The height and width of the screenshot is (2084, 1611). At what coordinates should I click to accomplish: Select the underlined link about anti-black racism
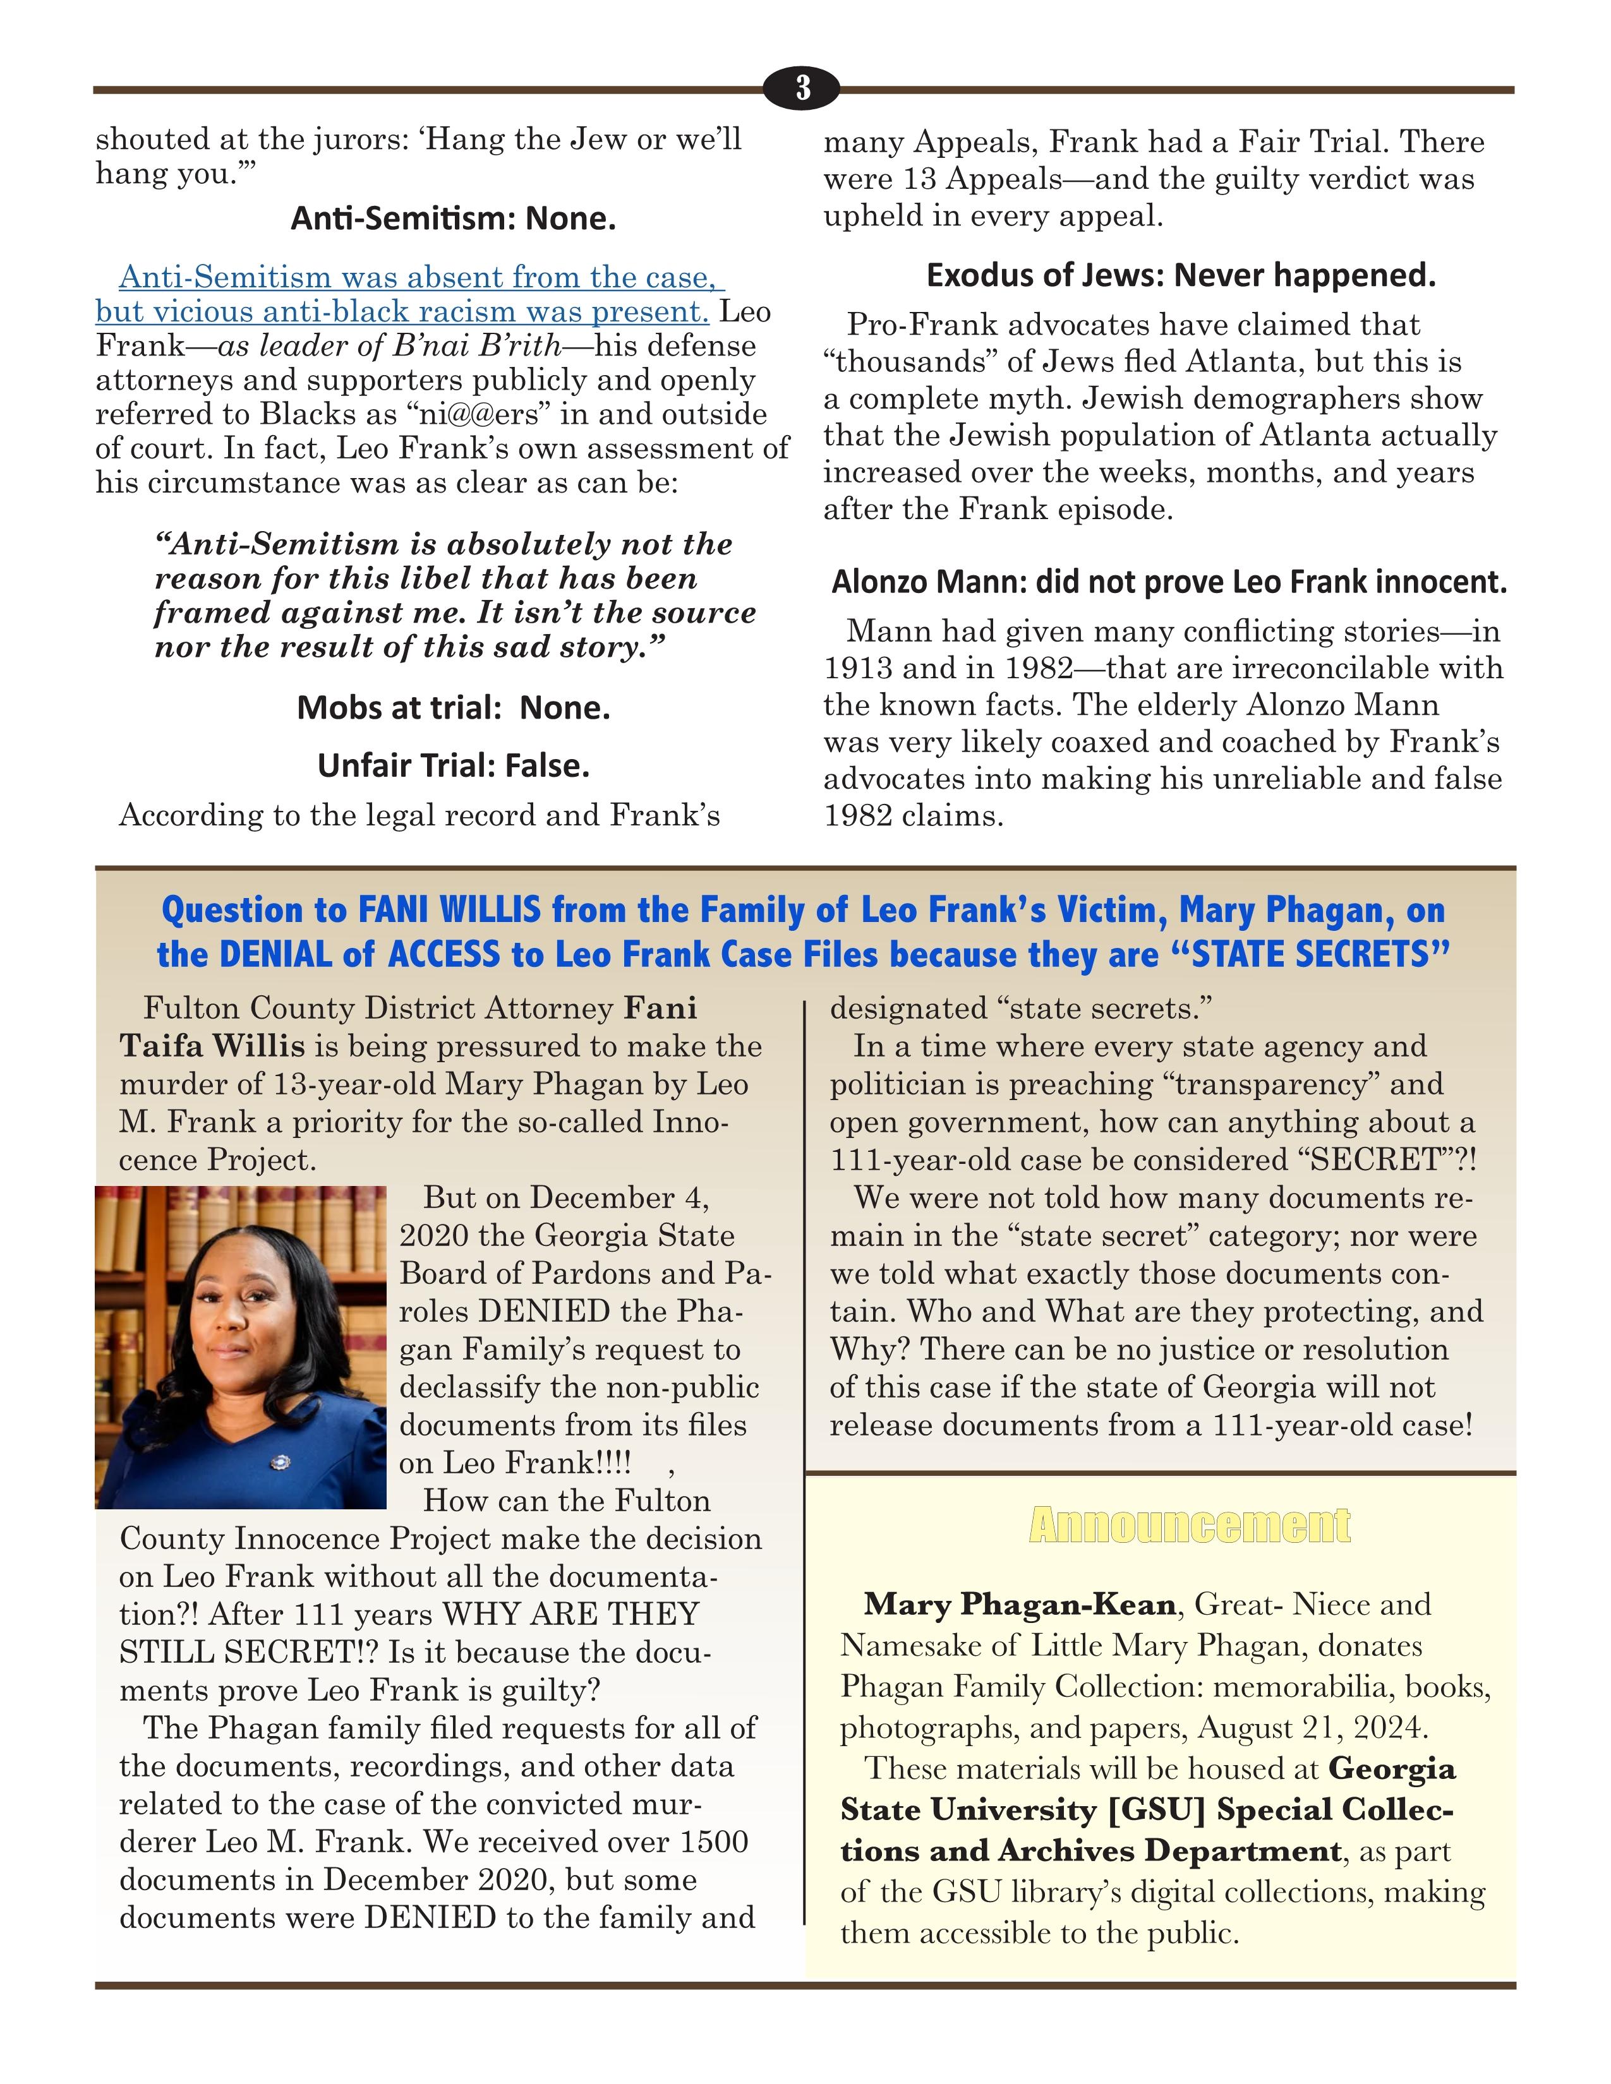pyautogui.click(x=411, y=295)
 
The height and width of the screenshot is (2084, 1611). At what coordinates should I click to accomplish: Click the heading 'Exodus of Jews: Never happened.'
pyautogui.click(x=1181, y=276)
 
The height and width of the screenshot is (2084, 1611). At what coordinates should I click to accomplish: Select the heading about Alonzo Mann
pyautogui.click(x=1168, y=582)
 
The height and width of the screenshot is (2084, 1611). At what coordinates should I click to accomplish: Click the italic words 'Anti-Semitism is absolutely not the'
pyautogui.click(x=443, y=544)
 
